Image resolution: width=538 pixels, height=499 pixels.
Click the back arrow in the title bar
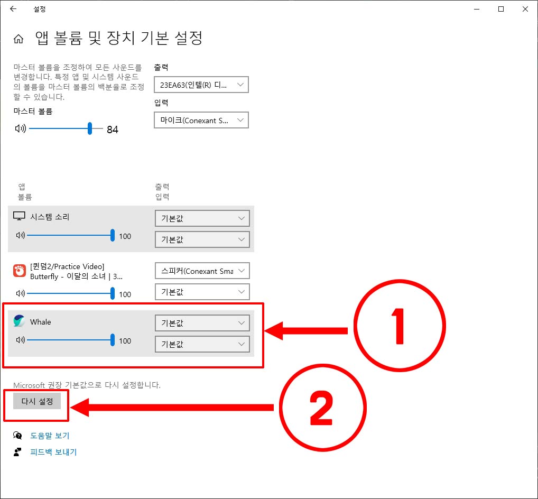pyautogui.click(x=13, y=9)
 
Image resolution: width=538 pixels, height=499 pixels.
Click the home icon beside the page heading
pyautogui.click(x=18, y=39)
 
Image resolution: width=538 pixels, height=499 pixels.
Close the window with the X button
pyautogui.click(x=525, y=9)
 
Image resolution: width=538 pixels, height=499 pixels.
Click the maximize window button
pyautogui.click(x=501, y=9)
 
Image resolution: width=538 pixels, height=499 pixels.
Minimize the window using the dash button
pyautogui.click(x=477, y=10)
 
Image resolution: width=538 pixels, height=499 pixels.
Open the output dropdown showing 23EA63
pyautogui.click(x=201, y=85)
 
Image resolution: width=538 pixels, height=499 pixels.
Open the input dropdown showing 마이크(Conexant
pyautogui.click(x=201, y=120)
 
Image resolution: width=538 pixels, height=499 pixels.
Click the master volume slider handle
pyautogui.click(x=89, y=128)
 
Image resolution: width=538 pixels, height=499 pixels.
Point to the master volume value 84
pyautogui.click(x=113, y=130)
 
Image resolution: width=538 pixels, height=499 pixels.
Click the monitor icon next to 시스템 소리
pyautogui.click(x=19, y=216)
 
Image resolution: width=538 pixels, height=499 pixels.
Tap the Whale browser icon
pyautogui.click(x=19, y=321)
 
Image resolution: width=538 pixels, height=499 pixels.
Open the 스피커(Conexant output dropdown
pyautogui.click(x=202, y=271)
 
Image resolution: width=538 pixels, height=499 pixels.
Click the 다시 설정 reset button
pyautogui.click(x=37, y=401)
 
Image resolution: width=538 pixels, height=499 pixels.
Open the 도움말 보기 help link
pyautogui.click(x=50, y=436)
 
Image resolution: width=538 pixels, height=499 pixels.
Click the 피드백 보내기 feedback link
pyautogui.click(x=53, y=452)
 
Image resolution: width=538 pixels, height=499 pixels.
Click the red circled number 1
pyautogui.click(x=400, y=326)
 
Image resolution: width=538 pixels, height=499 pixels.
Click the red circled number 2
pyautogui.click(x=322, y=408)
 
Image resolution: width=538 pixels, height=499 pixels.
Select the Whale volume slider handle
pyautogui.click(x=113, y=340)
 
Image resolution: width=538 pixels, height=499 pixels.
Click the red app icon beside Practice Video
pyautogui.click(x=20, y=271)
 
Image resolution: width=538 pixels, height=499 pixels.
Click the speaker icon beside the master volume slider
pyautogui.click(x=20, y=128)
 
